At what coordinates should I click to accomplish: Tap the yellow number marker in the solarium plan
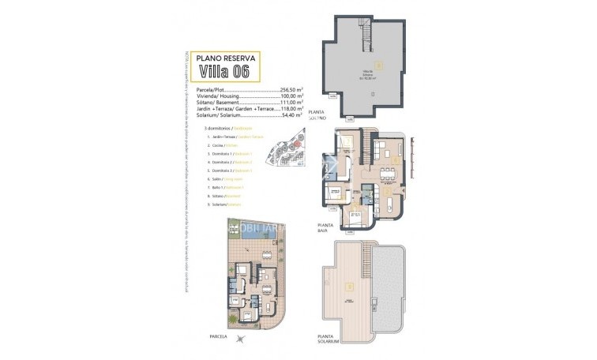[350, 285]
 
